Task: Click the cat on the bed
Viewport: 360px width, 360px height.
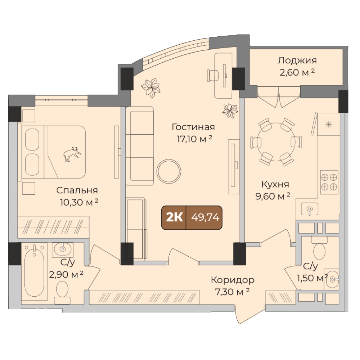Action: tap(72, 154)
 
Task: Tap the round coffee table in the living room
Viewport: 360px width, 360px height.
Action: tap(169, 171)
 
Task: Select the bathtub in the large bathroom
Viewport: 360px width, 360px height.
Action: tap(34, 271)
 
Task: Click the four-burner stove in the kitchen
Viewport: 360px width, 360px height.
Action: tap(329, 182)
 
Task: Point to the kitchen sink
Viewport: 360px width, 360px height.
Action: tap(310, 209)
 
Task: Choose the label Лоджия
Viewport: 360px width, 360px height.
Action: tap(297, 60)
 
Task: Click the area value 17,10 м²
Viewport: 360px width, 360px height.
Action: tap(194, 139)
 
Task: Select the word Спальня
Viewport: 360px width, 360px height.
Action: tap(77, 190)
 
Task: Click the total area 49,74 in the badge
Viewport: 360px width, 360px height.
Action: tap(205, 217)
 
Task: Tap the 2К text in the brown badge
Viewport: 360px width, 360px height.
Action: tap(174, 217)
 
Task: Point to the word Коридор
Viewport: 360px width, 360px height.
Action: tap(233, 280)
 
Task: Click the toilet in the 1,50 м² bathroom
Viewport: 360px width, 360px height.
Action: tap(319, 248)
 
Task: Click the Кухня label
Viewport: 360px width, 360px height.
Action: tap(275, 184)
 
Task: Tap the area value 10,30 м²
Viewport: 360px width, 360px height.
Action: tap(79, 202)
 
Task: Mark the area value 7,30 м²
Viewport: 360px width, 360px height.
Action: tap(232, 292)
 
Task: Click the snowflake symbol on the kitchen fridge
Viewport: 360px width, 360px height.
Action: tap(329, 125)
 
